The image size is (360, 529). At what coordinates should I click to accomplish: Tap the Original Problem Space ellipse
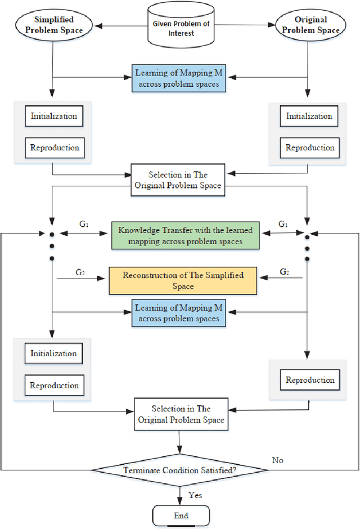[x=307, y=24]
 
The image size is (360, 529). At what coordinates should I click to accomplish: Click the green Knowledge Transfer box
[x=185, y=235]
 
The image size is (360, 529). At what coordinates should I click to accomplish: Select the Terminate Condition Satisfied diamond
[x=179, y=469]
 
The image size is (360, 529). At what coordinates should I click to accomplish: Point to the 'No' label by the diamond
[x=277, y=460]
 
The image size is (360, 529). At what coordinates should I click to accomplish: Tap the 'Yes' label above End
[x=195, y=495]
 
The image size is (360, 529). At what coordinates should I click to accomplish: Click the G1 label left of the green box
[x=84, y=225]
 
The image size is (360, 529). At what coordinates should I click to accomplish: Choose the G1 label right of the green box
[x=283, y=225]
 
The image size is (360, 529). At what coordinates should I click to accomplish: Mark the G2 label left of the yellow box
[x=80, y=272]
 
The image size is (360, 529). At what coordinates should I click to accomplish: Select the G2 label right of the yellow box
[x=285, y=272]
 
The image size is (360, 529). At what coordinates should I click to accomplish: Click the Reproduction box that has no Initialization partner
[x=309, y=380]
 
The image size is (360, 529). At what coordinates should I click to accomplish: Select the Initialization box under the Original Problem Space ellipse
[x=309, y=116]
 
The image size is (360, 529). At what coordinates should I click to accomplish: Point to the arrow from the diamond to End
[x=179, y=494]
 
